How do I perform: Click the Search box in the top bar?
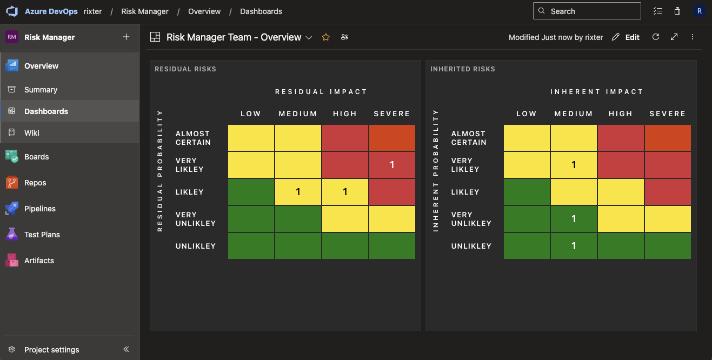click(x=587, y=11)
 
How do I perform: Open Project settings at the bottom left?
click(x=51, y=350)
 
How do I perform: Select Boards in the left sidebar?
click(x=36, y=157)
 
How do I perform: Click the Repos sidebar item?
click(x=35, y=183)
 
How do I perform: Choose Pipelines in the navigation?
click(x=39, y=209)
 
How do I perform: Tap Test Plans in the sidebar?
click(x=42, y=235)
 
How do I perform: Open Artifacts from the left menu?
click(x=39, y=261)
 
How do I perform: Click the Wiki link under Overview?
click(x=31, y=133)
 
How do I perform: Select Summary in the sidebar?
click(x=41, y=90)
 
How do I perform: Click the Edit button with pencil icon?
click(x=626, y=37)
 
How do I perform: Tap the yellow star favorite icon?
click(x=326, y=37)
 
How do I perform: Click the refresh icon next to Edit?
click(x=656, y=37)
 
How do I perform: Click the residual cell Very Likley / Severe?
click(x=392, y=165)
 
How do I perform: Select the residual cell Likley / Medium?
click(x=298, y=192)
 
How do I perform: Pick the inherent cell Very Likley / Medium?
click(x=574, y=165)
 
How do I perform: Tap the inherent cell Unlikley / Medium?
click(x=574, y=246)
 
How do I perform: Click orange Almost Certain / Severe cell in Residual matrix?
click(x=392, y=138)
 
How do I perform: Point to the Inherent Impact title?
click(x=597, y=92)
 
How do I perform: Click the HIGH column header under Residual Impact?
click(x=345, y=114)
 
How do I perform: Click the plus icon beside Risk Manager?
click(x=126, y=37)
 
